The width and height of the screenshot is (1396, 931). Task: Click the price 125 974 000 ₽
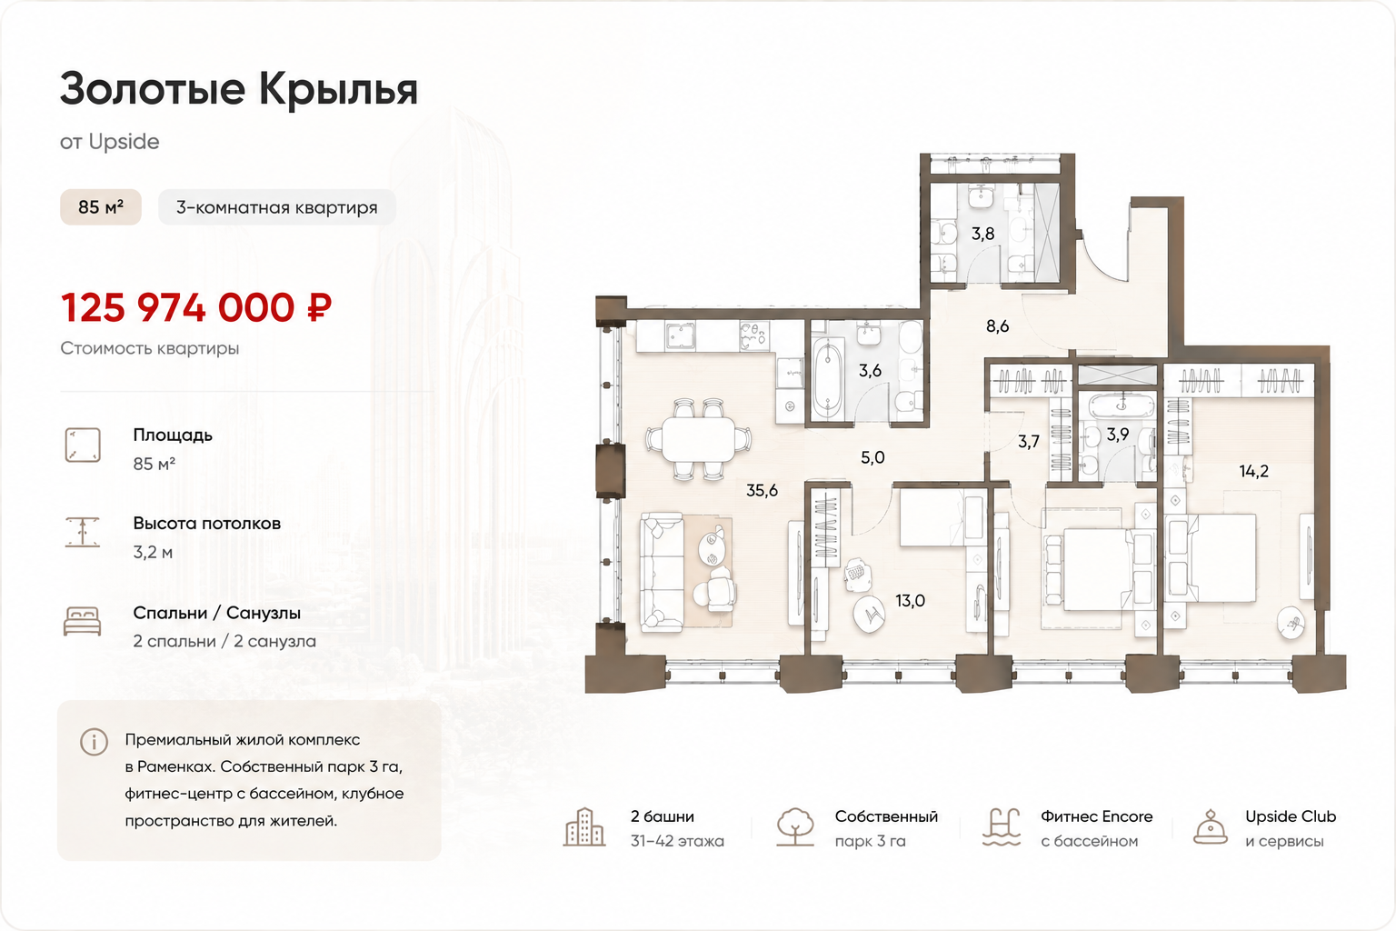click(x=196, y=308)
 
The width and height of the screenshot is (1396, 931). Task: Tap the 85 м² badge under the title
click(x=100, y=207)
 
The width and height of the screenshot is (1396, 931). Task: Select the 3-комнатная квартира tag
click(x=276, y=207)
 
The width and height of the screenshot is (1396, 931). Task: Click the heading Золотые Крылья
click(x=239, y=89)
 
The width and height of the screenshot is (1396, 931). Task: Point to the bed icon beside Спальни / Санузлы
click(x=83, y=621)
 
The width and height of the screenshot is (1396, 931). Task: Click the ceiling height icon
click(x=83, y=532)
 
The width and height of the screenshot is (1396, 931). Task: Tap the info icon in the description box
click(x=95, y=742)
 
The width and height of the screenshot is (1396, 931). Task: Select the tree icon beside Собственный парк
click(x=795, y=826)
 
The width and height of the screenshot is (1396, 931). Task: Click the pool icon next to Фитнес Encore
click(x=1002, y=826)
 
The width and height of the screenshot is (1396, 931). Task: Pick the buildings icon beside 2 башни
click(x=584, y=826)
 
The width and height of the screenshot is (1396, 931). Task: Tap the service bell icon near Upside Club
click(x=1211, y=826)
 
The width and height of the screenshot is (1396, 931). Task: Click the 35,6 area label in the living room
click(x=763, y=491)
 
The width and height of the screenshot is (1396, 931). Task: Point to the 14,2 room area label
click(x=1253, y=472)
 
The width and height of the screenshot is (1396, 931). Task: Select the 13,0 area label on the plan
click(x=911, y=601)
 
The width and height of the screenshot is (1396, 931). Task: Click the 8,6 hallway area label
click(x=997, y=326)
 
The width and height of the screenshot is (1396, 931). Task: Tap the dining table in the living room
click(x=698, y=440)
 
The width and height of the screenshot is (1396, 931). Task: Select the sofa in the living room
click(x=663, y=573)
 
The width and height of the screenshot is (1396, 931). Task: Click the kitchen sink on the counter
click(x=680, y=336)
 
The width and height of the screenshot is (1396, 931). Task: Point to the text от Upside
click(x=110, y=142)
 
